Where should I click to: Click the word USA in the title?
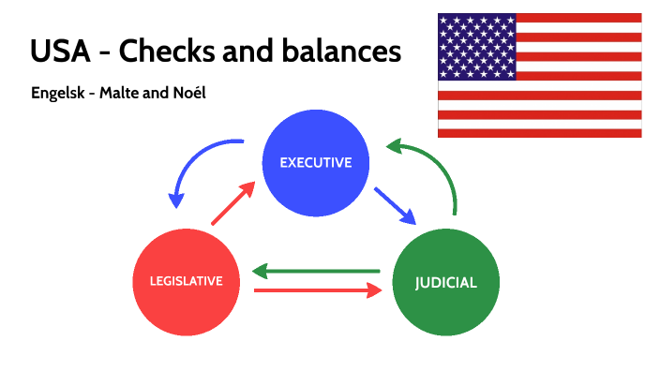click(60, 51)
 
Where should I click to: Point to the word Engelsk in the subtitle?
click(60, 96)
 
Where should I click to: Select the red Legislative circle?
click(186, 280)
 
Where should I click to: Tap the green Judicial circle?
click(445, 281)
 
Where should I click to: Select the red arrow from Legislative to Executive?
click(232, 204)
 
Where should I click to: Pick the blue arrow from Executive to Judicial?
click(395, 206)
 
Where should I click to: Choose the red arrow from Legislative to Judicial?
click(319, 291)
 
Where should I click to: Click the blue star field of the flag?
click(476, 47)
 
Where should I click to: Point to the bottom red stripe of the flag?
click(539, 133)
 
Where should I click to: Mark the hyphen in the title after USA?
click(105, 52)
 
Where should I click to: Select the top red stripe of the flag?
click(578, 18)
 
